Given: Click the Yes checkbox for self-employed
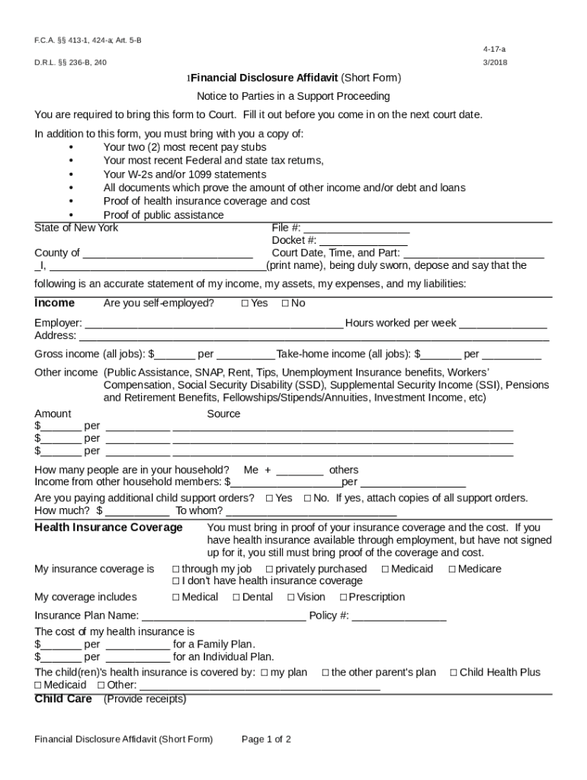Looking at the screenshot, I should point(245,303).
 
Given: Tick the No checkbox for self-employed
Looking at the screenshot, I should point(285,303).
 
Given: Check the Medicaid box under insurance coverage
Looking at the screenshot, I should point(385,569).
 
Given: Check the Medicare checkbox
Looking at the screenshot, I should point(452,569).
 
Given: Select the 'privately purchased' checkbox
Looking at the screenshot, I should point(270,569).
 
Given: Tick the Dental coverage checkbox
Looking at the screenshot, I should point(236,597).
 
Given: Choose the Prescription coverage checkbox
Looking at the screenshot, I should point(343,597).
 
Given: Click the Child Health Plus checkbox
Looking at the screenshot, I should point(454,673).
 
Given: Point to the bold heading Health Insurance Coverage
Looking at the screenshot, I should point(108,527).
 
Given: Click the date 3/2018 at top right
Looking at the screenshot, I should point(494,62).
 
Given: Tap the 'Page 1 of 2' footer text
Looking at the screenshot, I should point(266,739).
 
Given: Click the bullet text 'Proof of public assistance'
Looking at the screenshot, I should point(163,215).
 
